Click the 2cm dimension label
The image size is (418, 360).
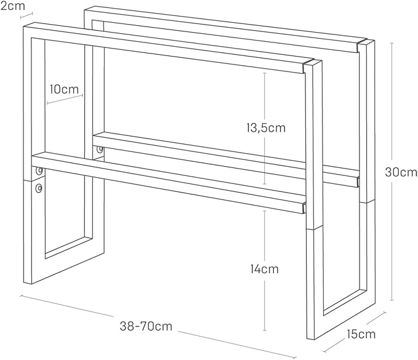pyautogui.click(x=12, y=6)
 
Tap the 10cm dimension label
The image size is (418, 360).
pyautogui.click(x=64, y=89)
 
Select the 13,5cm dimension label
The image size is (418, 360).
pyautogui.click(x=266, y=128)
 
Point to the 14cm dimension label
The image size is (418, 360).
pyautogui.click(x=265, y=269)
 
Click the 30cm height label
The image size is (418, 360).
pyautogui.click(x=401, y=172)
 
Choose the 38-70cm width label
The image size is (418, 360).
pyautogui.click(x=146, y=326)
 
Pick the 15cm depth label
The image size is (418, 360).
pyautogui.click(x=361, y=334)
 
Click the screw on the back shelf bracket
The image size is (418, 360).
pyautogui.click(x=100, y=150)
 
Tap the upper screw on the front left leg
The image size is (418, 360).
pyautogui.click(x=39, y=170)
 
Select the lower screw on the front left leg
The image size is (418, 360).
pyautogui.click(x=39, y=188)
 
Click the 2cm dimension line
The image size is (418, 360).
pyautogui.click(x=26, y=15)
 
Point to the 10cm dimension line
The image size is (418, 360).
pyautogui.click(x=65, y=99)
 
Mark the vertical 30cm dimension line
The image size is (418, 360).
pyautogui.click(x=392, y=171)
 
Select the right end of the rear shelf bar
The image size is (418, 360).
pyautogui.click(x=358, y=182)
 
